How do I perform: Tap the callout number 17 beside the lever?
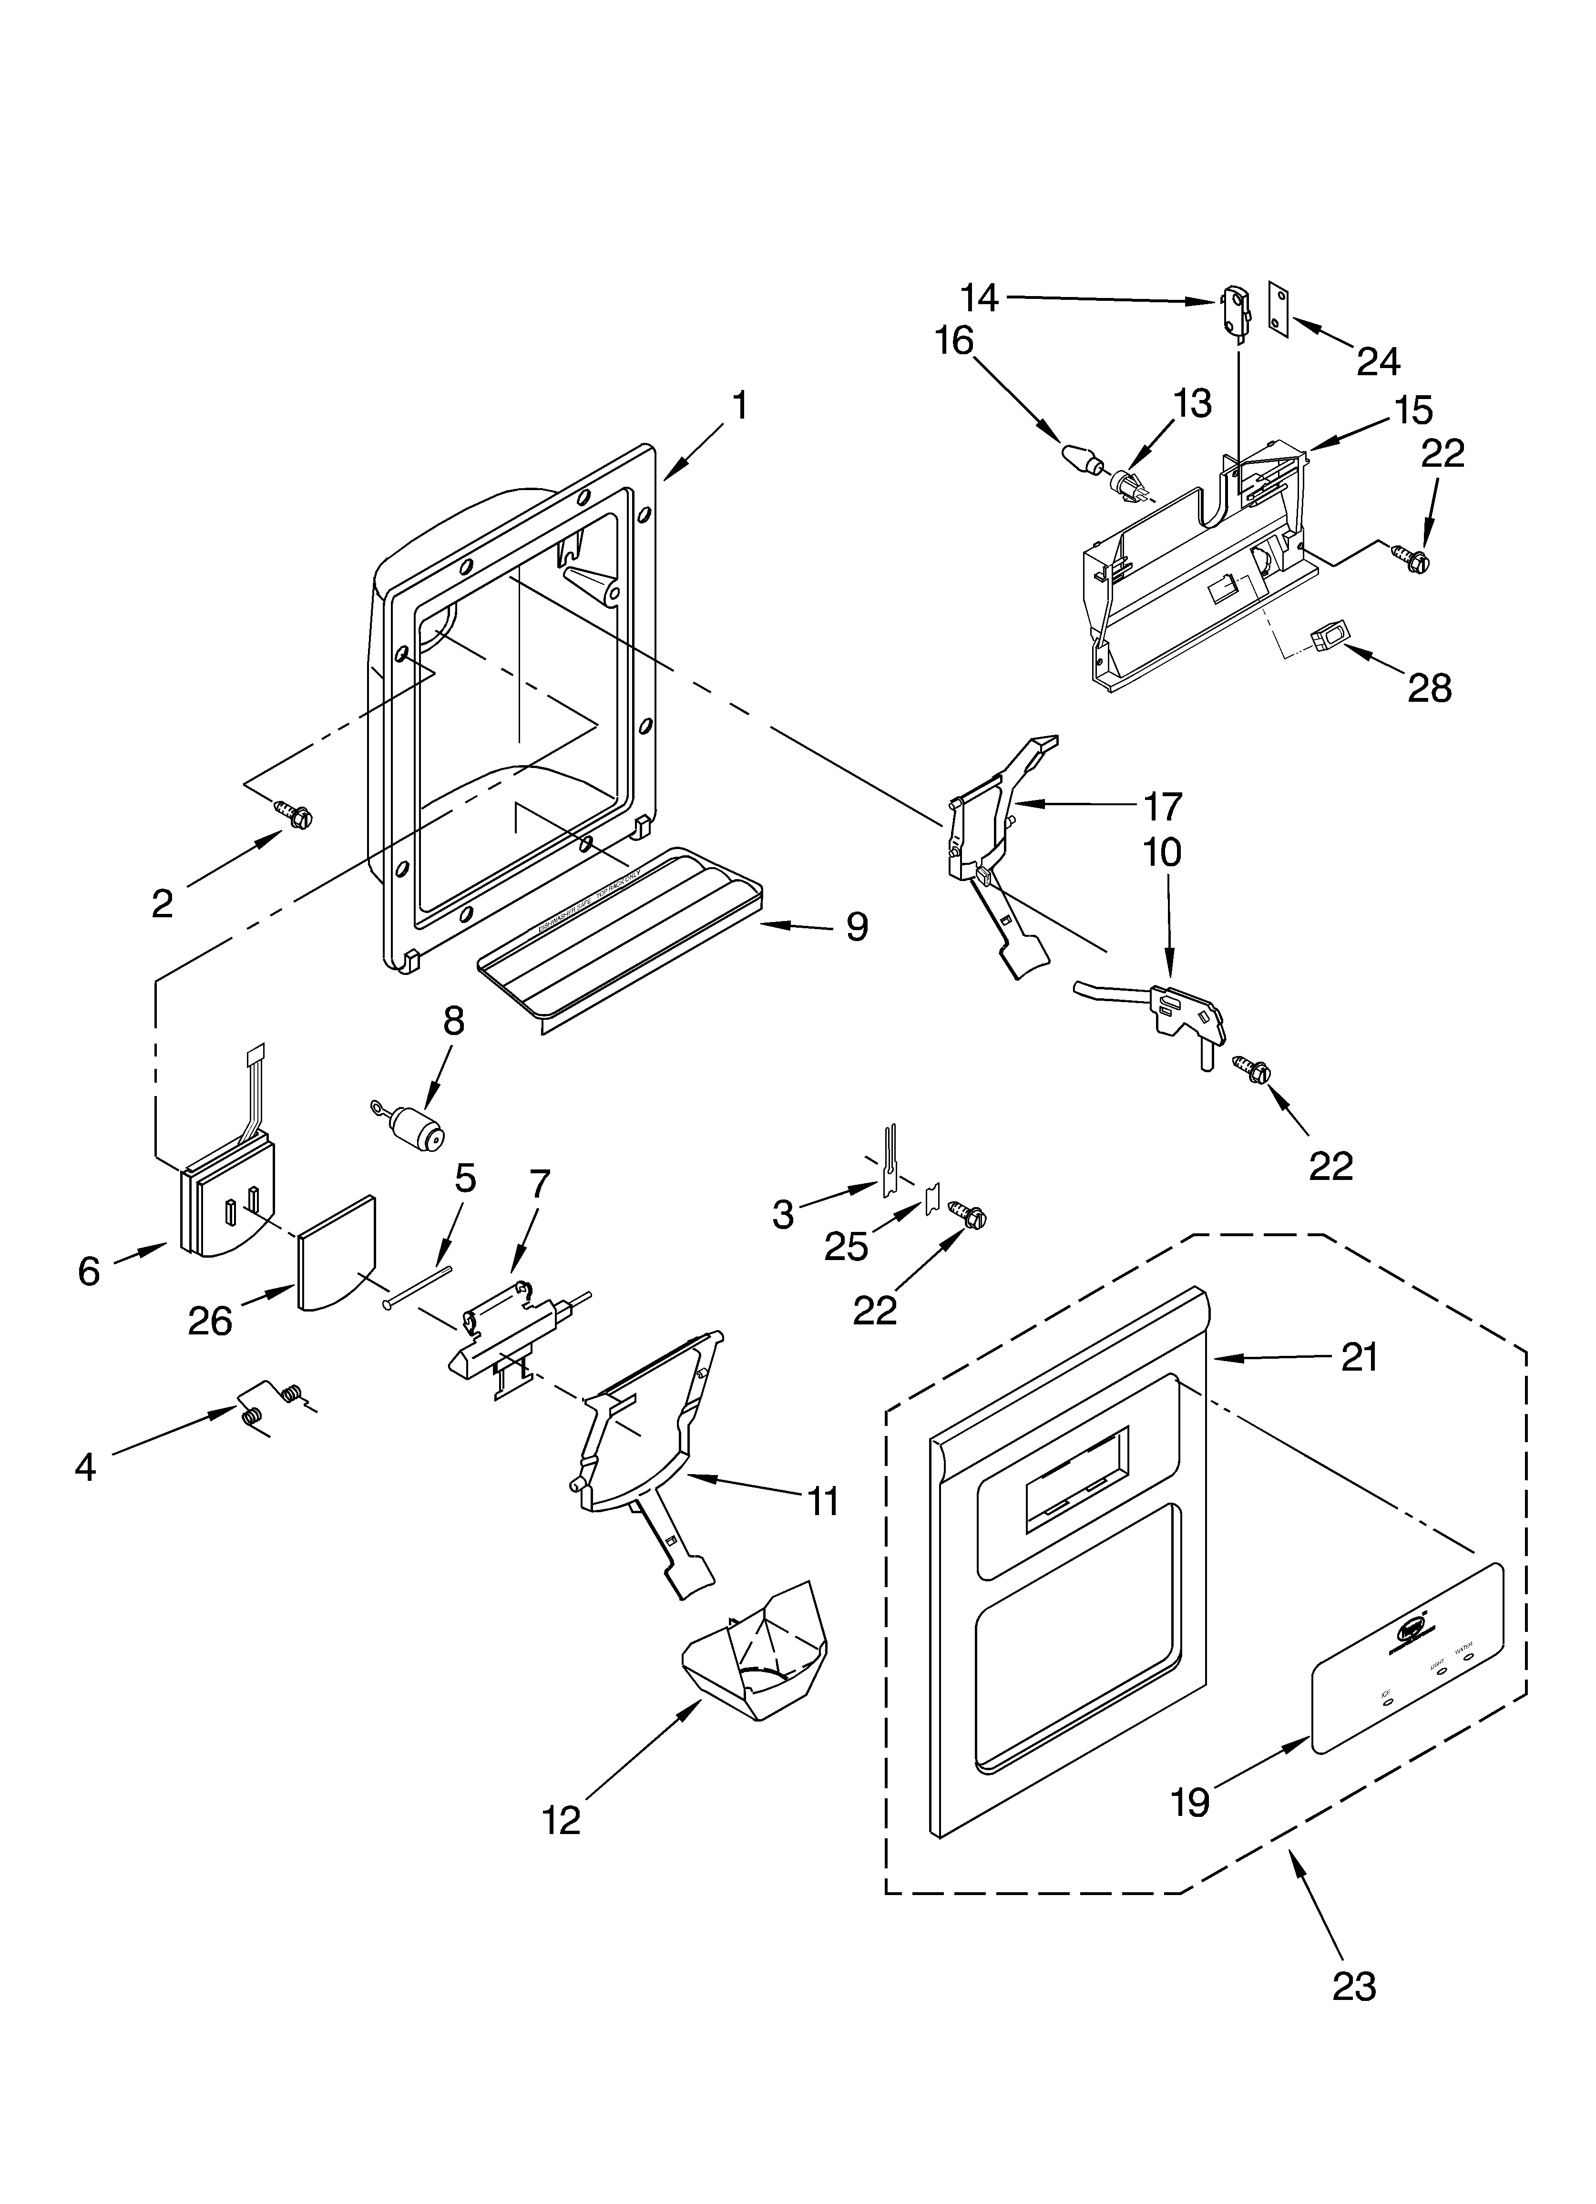pos(1162,806)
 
